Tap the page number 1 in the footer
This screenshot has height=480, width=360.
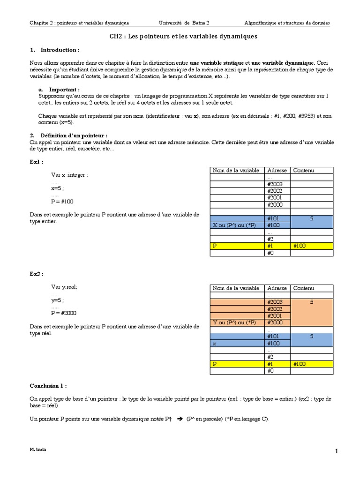[x=336, y=451]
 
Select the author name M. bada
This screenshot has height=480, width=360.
[x=38, y=449]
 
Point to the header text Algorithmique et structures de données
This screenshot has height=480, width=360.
[x=287, y=22]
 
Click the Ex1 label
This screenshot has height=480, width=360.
[x=37, y=162]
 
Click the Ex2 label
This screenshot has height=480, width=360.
[x=37, y=273]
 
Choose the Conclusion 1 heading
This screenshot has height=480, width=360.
[x=48, y=386]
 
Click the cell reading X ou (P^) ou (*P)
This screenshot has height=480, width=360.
[x=234, y=225]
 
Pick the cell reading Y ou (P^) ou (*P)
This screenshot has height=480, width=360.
[x=234, y=322]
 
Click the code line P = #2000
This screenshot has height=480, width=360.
[x=64, y=313]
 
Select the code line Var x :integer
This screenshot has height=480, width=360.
[x=70, y=175]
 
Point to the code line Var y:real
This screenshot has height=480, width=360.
[x=64, y=286]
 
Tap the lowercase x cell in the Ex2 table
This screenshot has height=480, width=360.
[x=214, y=343]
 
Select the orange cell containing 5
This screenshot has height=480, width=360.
[x=311, y=302]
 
